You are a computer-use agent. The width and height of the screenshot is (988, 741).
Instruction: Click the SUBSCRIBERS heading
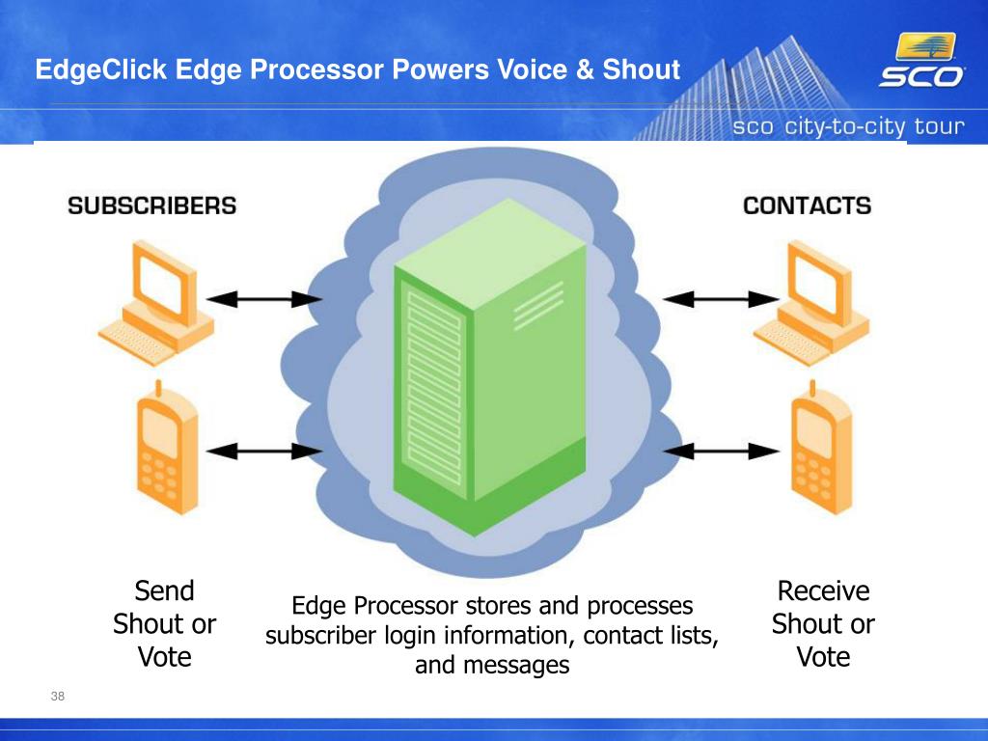(x=151, y=206)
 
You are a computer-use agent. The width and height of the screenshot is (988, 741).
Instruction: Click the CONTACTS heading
(x=808, y=206)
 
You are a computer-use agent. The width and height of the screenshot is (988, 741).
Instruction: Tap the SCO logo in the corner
(x=921, y=61)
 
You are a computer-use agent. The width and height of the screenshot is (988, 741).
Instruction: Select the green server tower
(x=489, y=367)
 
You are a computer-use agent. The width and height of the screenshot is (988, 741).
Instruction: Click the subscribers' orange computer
(x=157, y=302)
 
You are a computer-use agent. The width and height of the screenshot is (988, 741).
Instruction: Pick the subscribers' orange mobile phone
(x=168, y=448)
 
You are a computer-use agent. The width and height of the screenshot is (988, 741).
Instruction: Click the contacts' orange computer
(x=812, y=302)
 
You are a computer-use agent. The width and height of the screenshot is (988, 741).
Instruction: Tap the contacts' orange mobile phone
(x=822, y=448)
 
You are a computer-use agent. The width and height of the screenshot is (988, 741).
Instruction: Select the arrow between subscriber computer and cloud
(x=264, y=299)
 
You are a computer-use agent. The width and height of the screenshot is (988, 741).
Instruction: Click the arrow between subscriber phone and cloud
(x=264, y=452)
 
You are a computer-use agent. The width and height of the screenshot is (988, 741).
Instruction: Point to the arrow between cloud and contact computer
(x=721, y=299)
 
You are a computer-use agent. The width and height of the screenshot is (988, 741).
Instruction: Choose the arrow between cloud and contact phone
(x=721, y=452)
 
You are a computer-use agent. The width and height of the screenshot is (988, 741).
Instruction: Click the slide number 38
(x=57, y=696)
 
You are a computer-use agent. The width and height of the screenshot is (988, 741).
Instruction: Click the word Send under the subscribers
(x=164, y=591)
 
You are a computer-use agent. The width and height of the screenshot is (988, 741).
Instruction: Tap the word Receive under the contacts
(x=824, y=591)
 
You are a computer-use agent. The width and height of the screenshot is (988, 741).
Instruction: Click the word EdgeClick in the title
(x=100, y=69)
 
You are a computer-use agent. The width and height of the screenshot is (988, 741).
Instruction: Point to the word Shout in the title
(x=642, y=69)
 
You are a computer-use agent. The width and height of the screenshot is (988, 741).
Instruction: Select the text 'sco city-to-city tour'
(x=848, y=126)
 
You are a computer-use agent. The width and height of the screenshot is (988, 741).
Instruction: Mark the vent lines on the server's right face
(x=538, y=306)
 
